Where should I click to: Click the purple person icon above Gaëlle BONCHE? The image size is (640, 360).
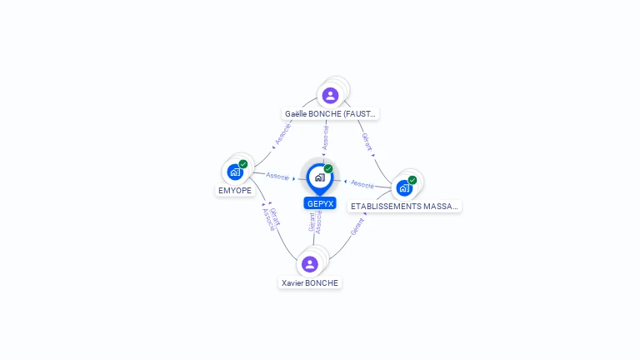[330, 95]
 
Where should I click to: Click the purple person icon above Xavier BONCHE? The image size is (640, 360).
[310, 264]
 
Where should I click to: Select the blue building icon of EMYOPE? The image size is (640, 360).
[235, 172]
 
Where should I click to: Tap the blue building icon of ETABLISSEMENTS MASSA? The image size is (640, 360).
[404, 188]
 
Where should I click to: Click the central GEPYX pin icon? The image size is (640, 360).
[319, 177]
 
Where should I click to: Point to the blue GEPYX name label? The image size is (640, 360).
[320, 203]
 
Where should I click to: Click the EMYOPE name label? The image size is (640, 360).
[234, 191]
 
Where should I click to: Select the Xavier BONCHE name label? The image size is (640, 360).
[310, 283]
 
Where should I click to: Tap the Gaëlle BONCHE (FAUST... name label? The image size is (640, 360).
[331, 113]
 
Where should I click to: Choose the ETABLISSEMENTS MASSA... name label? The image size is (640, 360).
[405, 206]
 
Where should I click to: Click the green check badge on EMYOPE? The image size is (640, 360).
[243, 164]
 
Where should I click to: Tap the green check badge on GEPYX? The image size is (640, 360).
[328, 168]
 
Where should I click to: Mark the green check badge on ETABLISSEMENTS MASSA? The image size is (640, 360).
[412, 180]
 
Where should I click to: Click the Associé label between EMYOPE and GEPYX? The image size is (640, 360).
[277, 177]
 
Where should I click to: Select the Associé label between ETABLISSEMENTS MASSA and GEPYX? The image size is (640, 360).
[362, 183]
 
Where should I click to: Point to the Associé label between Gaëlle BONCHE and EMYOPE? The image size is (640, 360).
[282, 136]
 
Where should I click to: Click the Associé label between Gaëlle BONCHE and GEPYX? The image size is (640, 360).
[326, 138]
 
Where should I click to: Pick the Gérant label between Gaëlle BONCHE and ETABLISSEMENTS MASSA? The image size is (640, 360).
[367, 142]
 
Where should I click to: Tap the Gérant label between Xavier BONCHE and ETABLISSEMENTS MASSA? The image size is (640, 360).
[357, 226]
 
